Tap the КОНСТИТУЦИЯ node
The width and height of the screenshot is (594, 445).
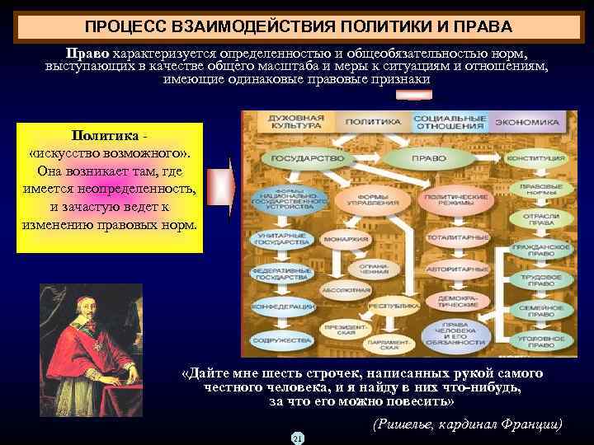coord(541,157)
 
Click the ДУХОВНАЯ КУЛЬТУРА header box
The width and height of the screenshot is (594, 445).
coord(290,123)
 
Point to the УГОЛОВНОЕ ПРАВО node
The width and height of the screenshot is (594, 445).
coord(542,339)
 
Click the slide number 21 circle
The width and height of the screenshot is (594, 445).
coord(297,438)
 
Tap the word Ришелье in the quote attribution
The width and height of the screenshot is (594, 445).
coord(411,424)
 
